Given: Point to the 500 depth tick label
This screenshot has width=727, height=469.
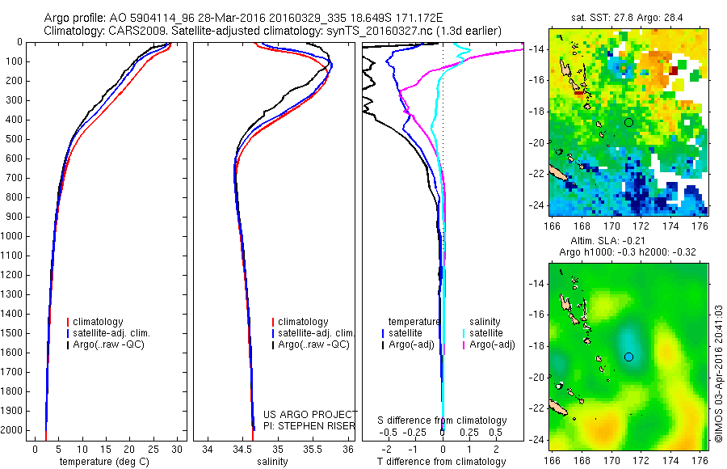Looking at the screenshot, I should (15, 139).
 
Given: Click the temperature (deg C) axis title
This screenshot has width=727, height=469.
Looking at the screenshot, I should (103, 462).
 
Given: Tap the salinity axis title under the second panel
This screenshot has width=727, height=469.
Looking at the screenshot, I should (271, 462).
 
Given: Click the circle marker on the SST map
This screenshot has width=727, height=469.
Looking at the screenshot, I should (628, 122).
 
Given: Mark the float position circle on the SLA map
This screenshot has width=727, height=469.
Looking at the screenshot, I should (628, 357).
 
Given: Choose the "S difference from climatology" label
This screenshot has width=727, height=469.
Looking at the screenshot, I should (442, 420).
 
